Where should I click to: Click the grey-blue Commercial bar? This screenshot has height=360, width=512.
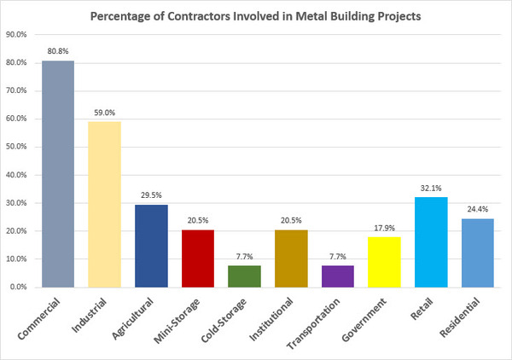click(x=58, y=174)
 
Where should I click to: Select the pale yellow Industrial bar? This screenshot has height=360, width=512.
click(x=105, y=205)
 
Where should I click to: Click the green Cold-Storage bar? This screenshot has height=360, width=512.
click(x=245, y=276)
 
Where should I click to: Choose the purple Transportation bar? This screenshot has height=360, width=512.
click(x=338, y=276)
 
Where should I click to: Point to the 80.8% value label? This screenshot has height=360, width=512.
click(x=58, y=50)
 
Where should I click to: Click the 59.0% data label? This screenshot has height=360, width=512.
click(x=105, y=112)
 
